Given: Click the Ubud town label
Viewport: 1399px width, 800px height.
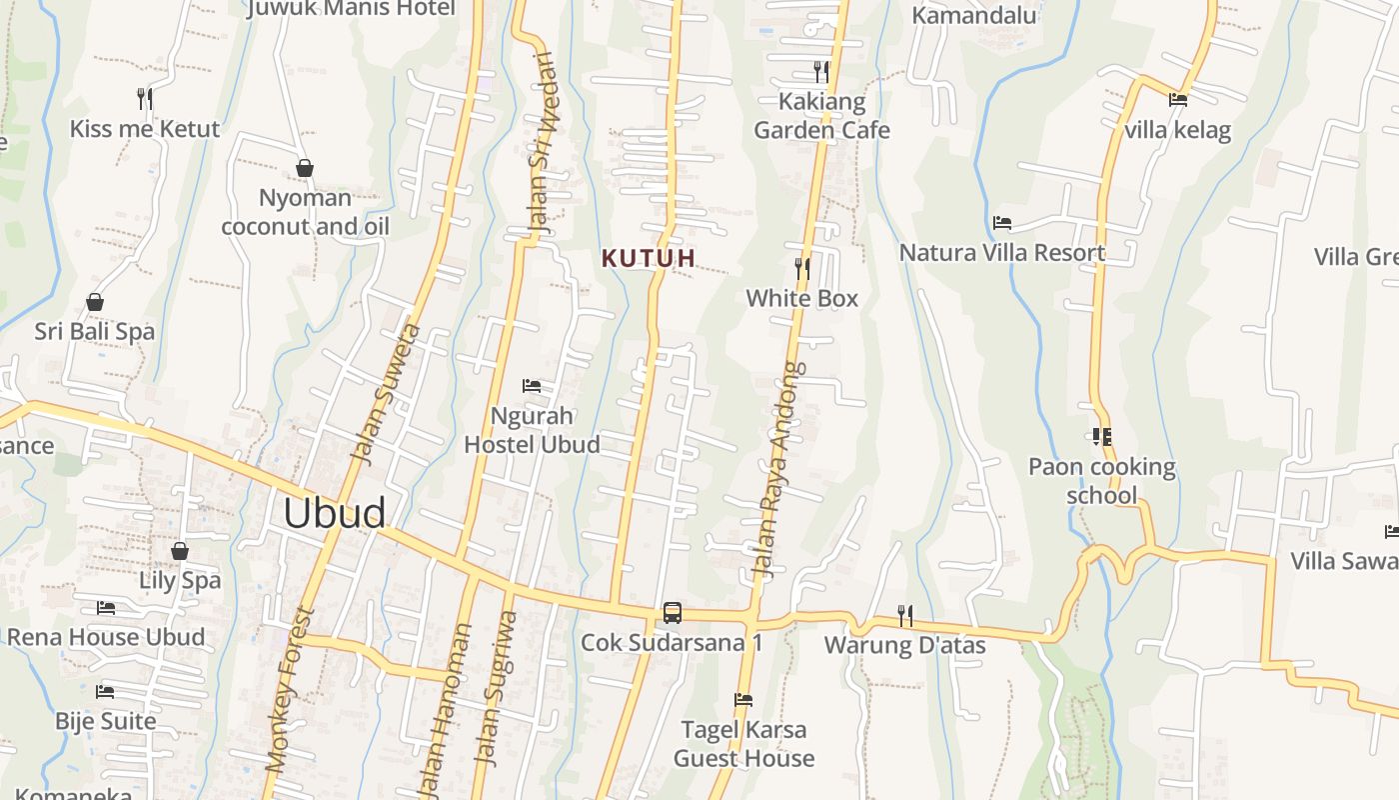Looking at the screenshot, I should pyautogui.click(x=334, y=513).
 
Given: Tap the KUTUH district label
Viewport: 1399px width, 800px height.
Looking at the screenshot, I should pyautogui.click(x=649, y=258).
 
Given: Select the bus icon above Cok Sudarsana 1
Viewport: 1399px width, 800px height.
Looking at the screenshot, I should pyautogui.click(x=673, y=612).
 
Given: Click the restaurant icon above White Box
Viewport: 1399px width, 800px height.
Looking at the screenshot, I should pyautogui.click(x=801, y=268).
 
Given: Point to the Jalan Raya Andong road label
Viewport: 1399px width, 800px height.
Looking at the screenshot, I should pyautogui.click(x=776, y=470).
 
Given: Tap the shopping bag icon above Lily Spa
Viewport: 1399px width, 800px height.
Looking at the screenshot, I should pyautogui.click(x=180, y=551).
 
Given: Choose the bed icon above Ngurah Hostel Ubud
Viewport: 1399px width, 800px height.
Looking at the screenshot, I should pyautogui.click(x=532, y=386).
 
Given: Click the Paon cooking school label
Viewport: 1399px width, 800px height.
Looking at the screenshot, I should pyautogui.click(x=1102, y=481).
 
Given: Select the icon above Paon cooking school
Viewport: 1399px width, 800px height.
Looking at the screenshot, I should pyautogui.click(x=1101, y=437).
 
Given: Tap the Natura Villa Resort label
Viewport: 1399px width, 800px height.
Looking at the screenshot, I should pyautogui.click(x=1002, y=252).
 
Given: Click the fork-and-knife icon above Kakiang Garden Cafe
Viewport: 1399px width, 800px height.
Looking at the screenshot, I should pyautogui.click(x=821, y=71).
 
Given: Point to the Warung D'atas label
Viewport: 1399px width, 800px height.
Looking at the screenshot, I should pyautogui.click(x=904, y=645).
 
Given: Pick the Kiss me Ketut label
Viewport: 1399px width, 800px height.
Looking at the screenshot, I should pyautogui.click(x=145, y=129).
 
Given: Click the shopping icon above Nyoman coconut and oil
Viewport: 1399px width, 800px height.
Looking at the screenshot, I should pyautogui.click(x=305, y=168).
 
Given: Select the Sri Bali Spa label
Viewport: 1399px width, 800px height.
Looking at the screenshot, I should pyautogui.click(x=95, y=331).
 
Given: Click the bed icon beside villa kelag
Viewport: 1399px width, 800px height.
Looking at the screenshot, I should pyautogui.click(x=1178, y=99).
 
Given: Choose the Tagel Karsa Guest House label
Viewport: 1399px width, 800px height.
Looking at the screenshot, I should pyautogui.click(x=743, y=744).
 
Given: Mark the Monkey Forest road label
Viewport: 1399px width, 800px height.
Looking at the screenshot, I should pyautogui.click(x=291, y=690).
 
